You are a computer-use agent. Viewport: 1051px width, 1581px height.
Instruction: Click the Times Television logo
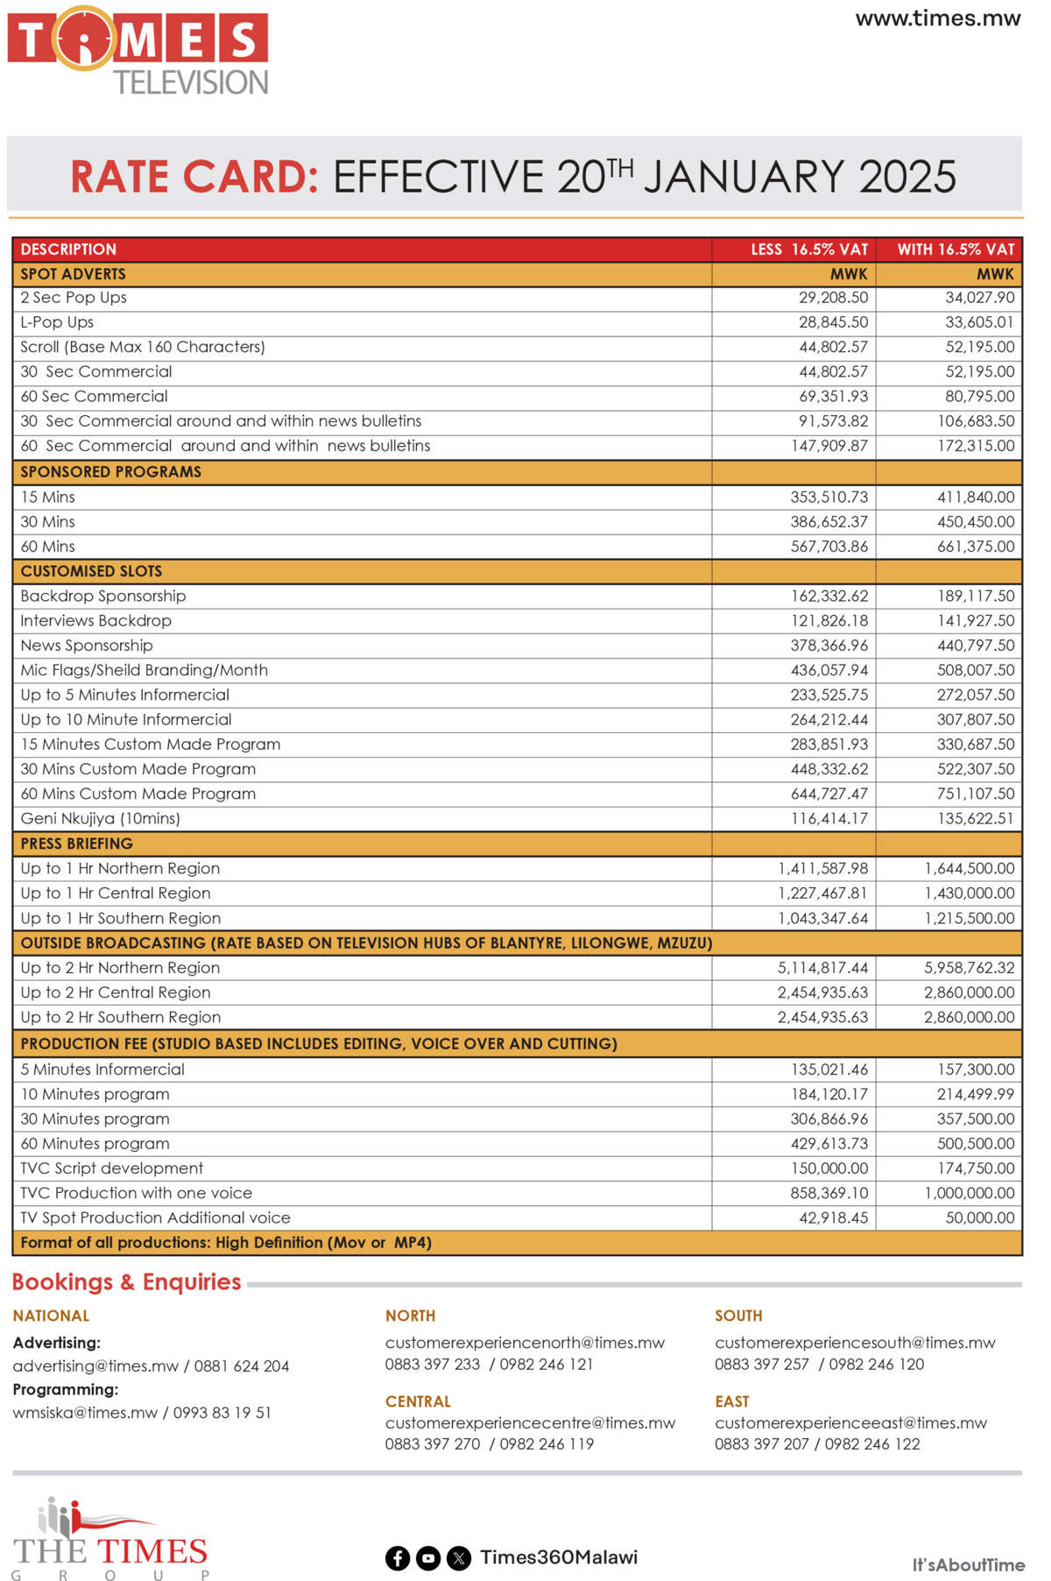point(138,51)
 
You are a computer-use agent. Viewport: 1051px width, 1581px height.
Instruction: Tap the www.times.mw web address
point(937,18)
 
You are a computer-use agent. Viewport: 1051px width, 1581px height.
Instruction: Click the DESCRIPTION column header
point(68,250)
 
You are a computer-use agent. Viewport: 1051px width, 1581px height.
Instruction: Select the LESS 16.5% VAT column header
point(808,250)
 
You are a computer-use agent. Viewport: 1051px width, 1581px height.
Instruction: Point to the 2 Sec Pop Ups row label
point(74,298)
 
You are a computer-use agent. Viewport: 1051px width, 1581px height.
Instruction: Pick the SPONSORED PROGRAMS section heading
point(110,472)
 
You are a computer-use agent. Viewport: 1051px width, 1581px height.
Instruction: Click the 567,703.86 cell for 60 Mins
point(829,547)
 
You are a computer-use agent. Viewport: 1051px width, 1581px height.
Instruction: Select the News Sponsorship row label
point(87,646)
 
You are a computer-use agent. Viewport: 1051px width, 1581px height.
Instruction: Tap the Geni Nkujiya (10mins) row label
point(100,819)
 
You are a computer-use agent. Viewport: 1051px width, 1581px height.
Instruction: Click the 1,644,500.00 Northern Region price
point(969,869)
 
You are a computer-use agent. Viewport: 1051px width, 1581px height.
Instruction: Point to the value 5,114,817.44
point(822,968)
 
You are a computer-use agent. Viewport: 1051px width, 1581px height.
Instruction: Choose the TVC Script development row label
point(111,1168)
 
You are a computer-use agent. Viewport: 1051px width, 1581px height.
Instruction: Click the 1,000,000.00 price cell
point(969,1193)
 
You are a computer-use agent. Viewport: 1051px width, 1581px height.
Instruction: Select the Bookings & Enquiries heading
point(126,1282)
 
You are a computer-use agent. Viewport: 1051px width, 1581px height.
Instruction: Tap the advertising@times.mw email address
point(95,1366)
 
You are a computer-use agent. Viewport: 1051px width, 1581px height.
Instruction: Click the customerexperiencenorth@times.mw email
point(525,1343)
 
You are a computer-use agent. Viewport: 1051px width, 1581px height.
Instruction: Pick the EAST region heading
point(731,1401)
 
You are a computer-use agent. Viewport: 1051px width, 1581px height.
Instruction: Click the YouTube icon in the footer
point(427,1558)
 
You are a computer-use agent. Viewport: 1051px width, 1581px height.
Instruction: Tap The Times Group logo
point(110,1539)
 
